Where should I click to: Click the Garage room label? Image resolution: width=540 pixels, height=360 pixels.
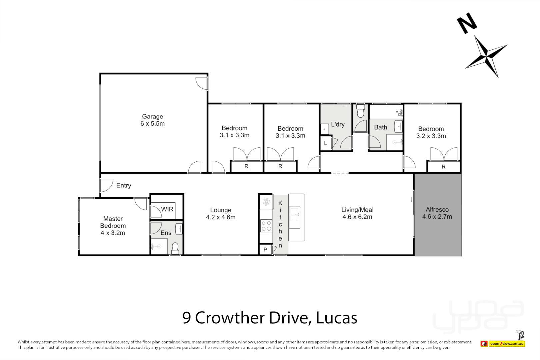pos(153,120)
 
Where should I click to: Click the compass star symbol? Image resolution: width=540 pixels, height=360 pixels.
pos(487,56)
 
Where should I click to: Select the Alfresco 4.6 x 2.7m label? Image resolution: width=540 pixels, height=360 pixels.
pos(437,213)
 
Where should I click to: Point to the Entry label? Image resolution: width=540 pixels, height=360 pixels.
pos(123,185)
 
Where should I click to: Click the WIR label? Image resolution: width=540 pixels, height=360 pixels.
pos(167,209)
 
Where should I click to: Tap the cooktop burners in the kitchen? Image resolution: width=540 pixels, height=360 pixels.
pos(266,226)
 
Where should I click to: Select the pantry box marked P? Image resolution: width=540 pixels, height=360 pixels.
pos(265,249)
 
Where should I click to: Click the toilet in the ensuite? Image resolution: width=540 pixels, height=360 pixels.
pos(175,248)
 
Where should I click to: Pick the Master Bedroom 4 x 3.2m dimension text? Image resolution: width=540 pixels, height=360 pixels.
pos(113,233)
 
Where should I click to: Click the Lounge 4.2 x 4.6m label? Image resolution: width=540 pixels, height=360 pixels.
pos(221,214)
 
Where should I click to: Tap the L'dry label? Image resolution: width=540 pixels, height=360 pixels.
pos(338,124)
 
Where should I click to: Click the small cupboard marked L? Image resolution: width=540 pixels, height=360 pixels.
pos(325,143)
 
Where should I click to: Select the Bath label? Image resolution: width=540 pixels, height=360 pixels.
pos(380,127)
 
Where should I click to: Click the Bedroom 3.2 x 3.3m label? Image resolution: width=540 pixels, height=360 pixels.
pos(431,132)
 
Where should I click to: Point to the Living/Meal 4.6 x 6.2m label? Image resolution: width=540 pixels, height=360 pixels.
pos(357,213)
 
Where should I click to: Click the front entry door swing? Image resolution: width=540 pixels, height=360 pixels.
pos(106,185)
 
